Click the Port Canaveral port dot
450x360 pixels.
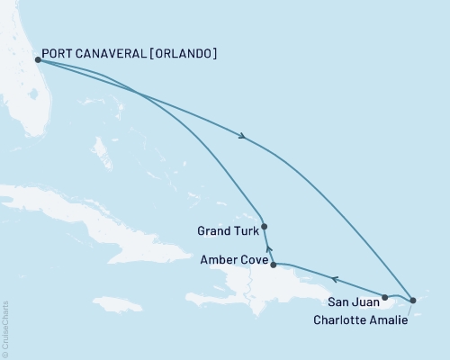click(x=37, y=60)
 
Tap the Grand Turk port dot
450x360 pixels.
click(x=264, y=227)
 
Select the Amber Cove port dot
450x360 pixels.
click(x=273, y=265)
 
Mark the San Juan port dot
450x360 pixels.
click(x=384, y=296)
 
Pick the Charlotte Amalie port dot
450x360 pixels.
click(x=412, y=300)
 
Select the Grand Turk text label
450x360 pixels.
click(x=224, y=230)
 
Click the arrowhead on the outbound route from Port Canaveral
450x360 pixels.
click(x=243, y=137)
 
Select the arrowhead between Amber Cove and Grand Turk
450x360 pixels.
click(x=267, y=246)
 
